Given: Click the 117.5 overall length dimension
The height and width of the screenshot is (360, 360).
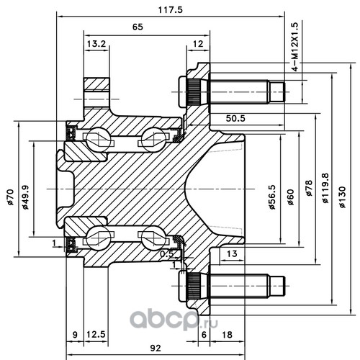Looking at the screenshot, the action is point(171,10).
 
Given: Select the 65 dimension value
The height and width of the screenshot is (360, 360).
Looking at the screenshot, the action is point(138,27).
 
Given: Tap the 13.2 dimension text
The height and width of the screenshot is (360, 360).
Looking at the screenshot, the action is point(96,44).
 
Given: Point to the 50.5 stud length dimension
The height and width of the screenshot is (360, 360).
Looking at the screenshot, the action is point(235,118).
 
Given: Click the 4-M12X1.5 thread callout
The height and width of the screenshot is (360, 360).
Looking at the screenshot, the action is point(294,47).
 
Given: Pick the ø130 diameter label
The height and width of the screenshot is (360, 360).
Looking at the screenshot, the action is point(343,197).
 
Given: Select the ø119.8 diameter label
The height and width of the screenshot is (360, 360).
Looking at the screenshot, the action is point(325,188).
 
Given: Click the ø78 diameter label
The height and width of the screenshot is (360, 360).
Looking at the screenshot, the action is point(309,188).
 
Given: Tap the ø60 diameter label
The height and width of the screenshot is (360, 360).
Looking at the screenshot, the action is point(291,197).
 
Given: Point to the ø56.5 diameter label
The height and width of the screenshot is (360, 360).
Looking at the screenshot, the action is point(272,197).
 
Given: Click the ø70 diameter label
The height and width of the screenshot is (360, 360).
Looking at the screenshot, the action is point(10,197).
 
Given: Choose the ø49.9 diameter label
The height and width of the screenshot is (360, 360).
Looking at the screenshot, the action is point(25,197).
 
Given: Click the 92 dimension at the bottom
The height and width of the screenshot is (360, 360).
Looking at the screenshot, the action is point(156,348).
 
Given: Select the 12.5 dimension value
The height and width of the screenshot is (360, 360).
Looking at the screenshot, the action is point(96,334).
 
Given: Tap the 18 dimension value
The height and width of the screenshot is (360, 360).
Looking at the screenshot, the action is point(227,334).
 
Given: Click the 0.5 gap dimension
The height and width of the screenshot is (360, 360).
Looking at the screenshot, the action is point(167,253).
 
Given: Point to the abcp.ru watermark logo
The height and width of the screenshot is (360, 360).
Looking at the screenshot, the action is point(174,320).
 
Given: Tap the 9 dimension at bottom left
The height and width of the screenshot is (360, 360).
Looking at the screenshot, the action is point(75,334).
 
